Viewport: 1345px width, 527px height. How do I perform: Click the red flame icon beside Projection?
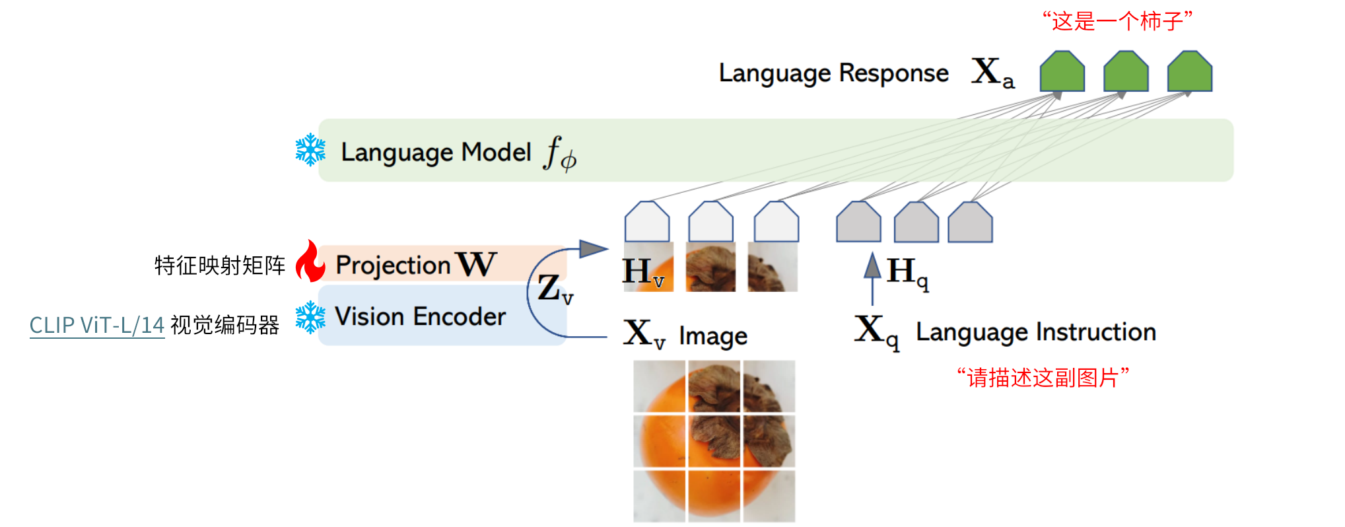(x=310, y=262)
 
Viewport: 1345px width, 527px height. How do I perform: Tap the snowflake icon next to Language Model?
(x=310, y=150)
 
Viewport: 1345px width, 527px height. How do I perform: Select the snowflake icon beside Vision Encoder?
(x=310, y=317)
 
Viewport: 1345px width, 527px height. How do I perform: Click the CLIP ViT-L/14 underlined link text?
(x=97, y=325)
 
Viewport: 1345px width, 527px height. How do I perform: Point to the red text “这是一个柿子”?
(x=1117, y=21)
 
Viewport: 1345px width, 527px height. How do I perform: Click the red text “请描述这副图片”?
(x=1043, y=378)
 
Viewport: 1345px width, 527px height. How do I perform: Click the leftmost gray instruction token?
(x=858, y=222)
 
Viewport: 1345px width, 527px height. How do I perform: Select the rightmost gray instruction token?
(x=970, y=223)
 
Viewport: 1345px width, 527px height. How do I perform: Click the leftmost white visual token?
(x=647, y=222)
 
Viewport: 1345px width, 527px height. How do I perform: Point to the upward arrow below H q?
(x=873, y=277)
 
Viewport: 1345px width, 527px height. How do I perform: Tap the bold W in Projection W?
(x=475, y=264)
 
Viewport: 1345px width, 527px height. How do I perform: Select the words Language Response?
(x=833, y=73)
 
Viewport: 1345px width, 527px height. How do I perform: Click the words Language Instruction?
(x=1035, y=332)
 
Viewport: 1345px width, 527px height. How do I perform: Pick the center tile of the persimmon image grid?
(x=714, y=441)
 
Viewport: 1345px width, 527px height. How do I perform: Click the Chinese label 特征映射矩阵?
(x=220, y=265)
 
